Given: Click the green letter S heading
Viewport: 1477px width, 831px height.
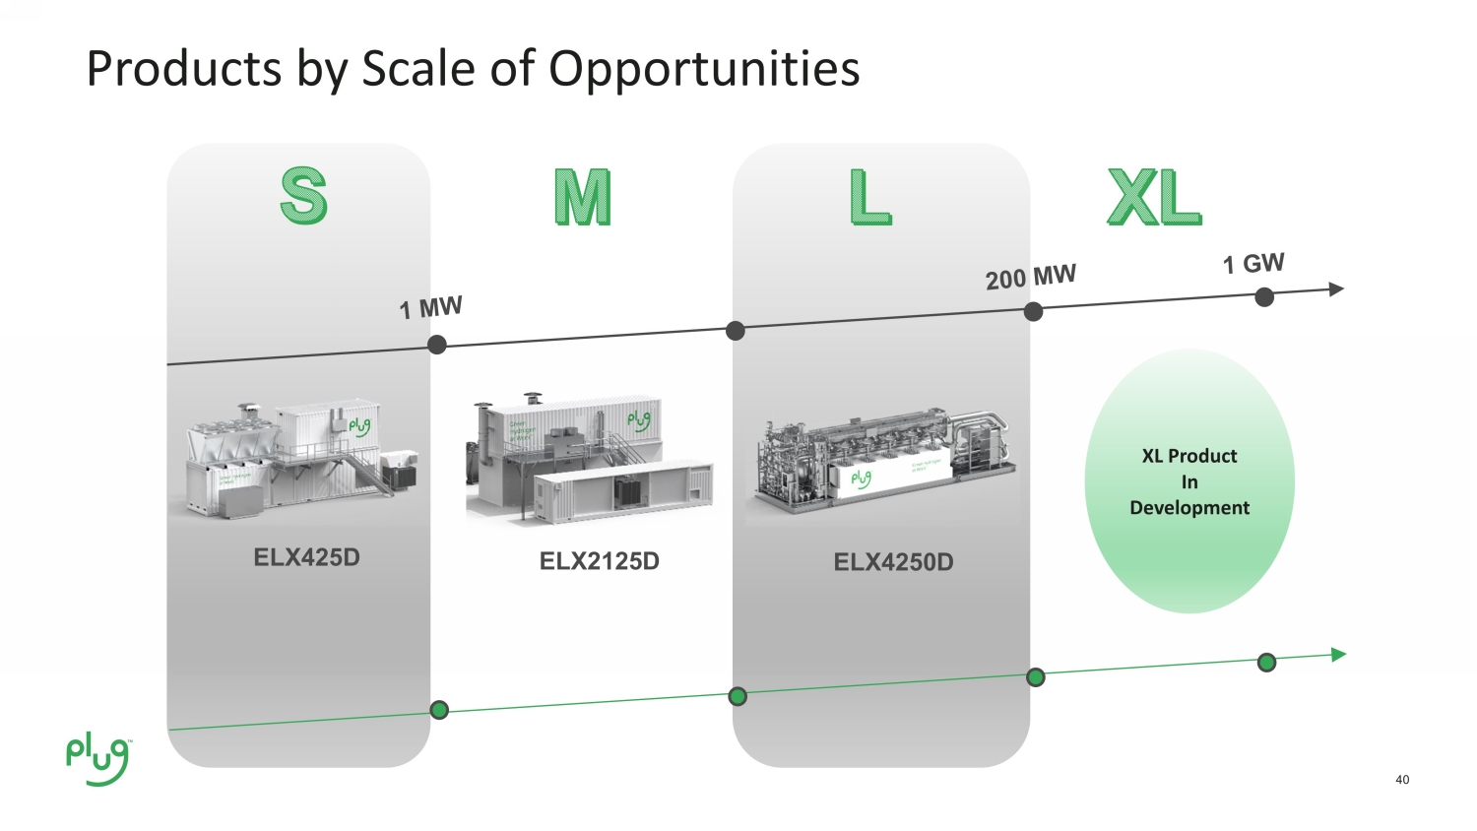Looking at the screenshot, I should point(303,196).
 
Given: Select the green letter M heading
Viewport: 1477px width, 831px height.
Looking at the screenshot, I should point(582,197).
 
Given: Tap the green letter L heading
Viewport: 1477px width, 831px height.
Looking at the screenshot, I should point(870,197).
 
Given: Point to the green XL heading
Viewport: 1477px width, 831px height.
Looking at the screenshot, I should point(1154,197).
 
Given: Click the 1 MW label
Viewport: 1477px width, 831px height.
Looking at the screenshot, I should point(430,308).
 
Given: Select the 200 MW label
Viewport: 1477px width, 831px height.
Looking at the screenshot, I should point(1030,277).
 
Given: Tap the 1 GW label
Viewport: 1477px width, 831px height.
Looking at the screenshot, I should point(1252,264).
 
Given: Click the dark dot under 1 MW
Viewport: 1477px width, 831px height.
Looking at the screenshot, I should point(437,345).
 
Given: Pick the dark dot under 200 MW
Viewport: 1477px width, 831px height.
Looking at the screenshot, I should point(1033,312).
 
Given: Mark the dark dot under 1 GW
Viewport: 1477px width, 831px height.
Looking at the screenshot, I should point(1265,297).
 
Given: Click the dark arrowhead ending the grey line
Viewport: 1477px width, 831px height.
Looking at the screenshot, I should point(1336,289).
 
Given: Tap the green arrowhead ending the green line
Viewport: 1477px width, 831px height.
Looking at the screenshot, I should point(1338,655).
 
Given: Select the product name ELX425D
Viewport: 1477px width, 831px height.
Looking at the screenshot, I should point(306,557).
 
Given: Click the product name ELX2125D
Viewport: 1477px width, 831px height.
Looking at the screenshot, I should point(599,561).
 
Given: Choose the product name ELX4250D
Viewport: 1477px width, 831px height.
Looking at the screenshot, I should point(893,562).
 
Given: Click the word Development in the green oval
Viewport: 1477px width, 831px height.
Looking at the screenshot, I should point(1189,508).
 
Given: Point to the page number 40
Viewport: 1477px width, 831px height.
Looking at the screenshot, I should point(1402,780).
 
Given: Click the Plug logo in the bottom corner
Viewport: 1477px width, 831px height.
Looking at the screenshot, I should point(97,759).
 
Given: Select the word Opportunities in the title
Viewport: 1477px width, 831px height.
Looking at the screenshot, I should point(704,69).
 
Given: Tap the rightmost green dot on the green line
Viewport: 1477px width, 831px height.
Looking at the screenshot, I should point(1267,663).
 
